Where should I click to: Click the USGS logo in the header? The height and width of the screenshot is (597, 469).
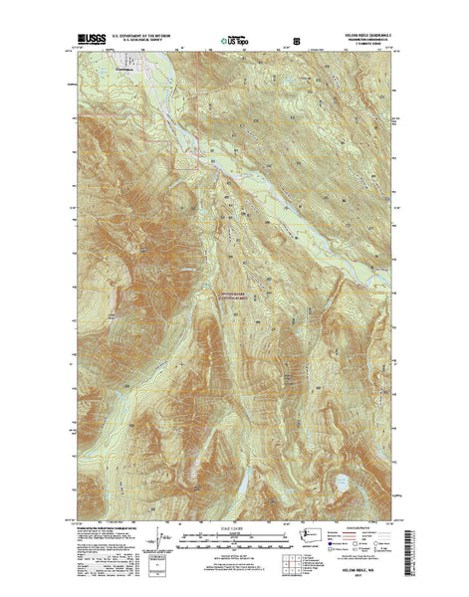click(x=87, y=43)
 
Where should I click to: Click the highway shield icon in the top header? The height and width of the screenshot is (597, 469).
click(x=288, y=44)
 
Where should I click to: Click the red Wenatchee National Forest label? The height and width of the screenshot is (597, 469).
click(x=235, y=296)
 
